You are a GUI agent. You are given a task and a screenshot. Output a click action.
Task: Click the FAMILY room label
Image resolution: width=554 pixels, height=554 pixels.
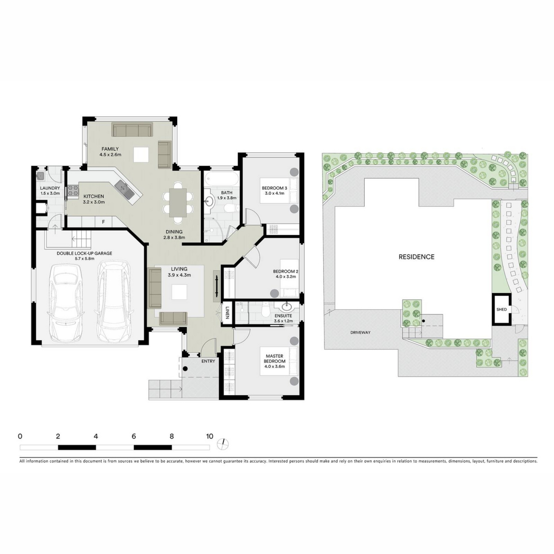coord(110,149)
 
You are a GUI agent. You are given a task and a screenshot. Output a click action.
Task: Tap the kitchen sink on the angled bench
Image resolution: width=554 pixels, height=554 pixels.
coord(124,189)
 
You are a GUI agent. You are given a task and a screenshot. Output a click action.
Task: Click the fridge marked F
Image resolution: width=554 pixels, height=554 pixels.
coord(103,222)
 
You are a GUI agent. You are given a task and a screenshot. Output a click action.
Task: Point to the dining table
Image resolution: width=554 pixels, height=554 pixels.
coord(178,203)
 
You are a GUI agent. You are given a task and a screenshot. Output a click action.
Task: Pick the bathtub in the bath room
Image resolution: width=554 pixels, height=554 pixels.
coord(222,179)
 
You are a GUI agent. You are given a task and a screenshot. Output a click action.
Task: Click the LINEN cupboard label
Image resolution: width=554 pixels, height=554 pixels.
coord(227,313)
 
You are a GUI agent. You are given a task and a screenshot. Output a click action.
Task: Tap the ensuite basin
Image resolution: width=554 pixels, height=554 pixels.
coord(287,306)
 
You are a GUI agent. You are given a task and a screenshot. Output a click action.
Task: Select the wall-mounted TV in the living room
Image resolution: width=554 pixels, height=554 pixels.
coord(217,286)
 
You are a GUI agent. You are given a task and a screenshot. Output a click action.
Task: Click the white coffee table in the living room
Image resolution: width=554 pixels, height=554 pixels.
coord(179,292)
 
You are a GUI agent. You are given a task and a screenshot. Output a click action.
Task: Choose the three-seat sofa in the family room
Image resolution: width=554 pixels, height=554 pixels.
coord(132,130)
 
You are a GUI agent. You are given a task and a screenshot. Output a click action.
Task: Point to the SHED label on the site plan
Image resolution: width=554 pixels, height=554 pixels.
coord(501,309)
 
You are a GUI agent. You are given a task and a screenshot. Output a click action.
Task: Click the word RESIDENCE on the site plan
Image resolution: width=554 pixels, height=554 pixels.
coord(416,257)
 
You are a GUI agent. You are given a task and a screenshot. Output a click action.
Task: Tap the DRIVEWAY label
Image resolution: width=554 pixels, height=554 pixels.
coord(360,332)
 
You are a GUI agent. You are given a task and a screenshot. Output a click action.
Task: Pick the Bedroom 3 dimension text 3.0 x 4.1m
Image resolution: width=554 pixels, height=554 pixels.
coord(274,193)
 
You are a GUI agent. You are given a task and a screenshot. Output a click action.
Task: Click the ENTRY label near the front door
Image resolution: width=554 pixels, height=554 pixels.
coord(208,361)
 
